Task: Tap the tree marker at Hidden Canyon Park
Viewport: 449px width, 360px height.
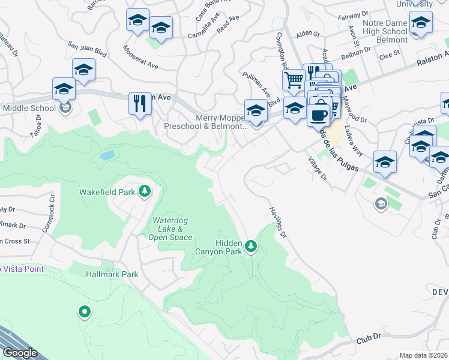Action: [251, 246]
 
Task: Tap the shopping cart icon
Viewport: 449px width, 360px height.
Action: [293, 80]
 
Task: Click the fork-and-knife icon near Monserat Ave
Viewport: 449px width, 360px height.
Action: [140, 103]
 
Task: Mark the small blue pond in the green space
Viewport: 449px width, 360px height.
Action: [107, 155]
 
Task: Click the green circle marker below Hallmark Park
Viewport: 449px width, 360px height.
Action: [85, 311]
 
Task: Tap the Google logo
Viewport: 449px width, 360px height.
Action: [19, 353]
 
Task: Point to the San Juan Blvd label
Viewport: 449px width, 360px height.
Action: [88, 49]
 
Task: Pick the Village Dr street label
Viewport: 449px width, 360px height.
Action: [318, 169]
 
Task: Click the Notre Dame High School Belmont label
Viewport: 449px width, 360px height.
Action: [385, 32]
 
